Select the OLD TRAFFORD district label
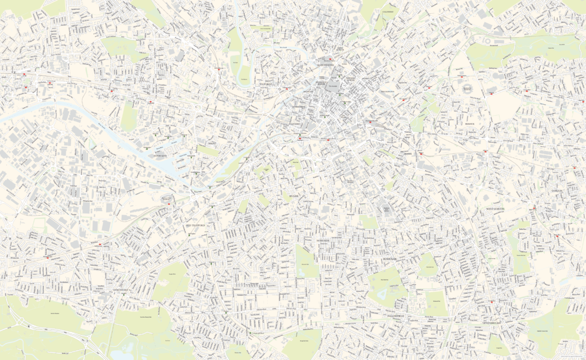click(195, 226)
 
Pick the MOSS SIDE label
click(323, 241)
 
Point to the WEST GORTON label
click(497, 209)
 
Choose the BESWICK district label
click(470, 123)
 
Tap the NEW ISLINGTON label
click(388, 92)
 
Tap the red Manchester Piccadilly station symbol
click(371, 122)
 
